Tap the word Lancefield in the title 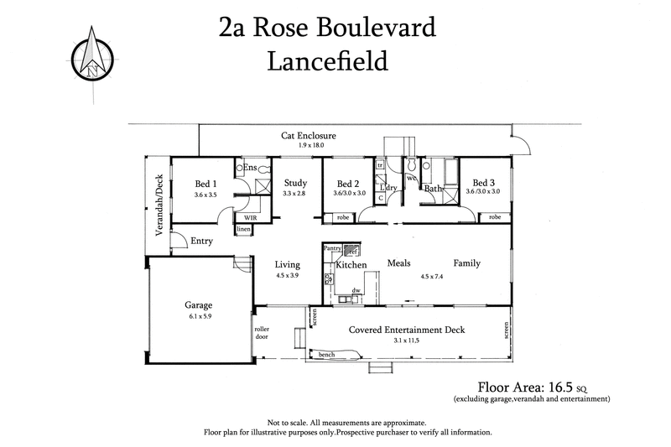click(326, 60)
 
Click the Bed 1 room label click(205, 184)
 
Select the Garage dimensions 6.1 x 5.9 click(198, 317)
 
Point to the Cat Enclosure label click(309, 135)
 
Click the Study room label click(295, 183)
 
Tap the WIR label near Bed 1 click(250, 216)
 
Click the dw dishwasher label click(356, 290)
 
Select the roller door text click(262, 334)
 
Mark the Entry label click(201, 242)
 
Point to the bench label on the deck click(327, 355)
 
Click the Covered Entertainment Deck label click(406, 330)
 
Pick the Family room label click(466, 263)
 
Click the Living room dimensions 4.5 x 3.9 click(288, 275)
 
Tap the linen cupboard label click(243, 229)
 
